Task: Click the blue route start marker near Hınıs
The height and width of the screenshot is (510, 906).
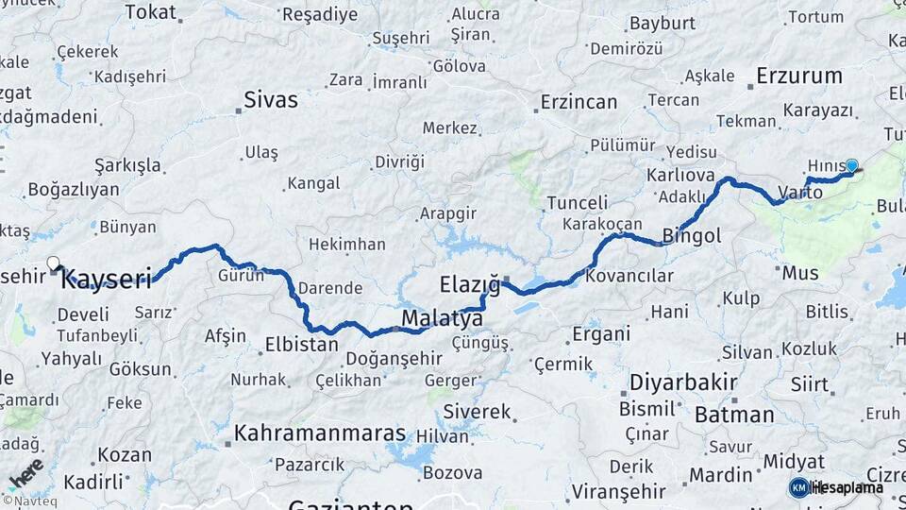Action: point(851,166)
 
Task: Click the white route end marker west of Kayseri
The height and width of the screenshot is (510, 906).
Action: point(53,263)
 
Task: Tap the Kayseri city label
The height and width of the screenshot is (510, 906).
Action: point(111,279)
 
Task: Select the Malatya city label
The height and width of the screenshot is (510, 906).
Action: point(442,319)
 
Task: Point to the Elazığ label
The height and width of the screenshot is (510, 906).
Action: point(469,282)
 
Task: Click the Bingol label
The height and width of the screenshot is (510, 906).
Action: point(692,236)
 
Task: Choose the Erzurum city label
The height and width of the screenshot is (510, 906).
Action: point(800,76)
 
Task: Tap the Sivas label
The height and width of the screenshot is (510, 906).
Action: point(270,99)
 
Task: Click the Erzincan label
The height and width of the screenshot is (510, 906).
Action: point(579,101)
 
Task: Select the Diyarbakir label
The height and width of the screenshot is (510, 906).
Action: point(681,382)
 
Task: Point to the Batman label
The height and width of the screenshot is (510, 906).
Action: point(733,414)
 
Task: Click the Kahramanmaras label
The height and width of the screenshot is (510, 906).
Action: point(319,433)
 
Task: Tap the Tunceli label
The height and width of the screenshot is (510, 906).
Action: point(578,202)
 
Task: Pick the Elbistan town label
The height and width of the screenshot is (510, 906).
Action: point(301,344)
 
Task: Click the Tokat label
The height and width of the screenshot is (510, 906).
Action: point(150,11)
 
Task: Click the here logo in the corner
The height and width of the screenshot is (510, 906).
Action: point(26,475)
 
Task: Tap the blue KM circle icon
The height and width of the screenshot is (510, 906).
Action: point(798,487)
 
